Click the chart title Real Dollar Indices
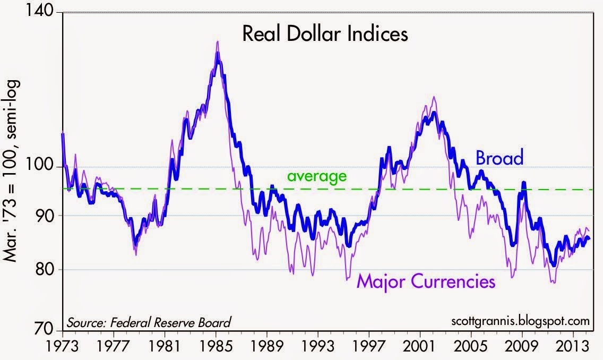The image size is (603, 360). [325, 35]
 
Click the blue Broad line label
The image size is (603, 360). [499, 158]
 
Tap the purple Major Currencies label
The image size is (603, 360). [426, 280]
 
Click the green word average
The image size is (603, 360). [316, 176]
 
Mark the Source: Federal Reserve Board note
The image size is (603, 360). [149, 321]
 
